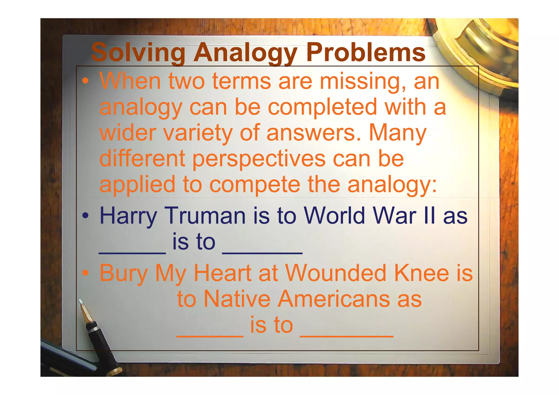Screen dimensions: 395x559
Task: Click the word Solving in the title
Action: click(138, 52)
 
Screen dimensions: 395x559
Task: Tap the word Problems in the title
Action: click(365, 52)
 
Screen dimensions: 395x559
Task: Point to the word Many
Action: click(397, 133)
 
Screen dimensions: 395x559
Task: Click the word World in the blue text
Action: click(334, 216)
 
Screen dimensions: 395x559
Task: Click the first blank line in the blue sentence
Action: click(132, 253)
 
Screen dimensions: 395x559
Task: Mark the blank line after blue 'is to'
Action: click(262, 253)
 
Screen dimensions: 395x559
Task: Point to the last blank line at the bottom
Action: click(347, 336)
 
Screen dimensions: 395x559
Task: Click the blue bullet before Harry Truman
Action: click(85, 216)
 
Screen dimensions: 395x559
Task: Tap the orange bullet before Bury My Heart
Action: click(85, 273)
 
